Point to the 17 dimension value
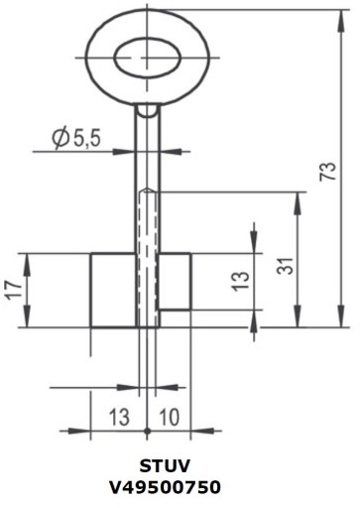pyautogui.click(x=12, y=290)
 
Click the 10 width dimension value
pyautogui.click(x=169, y=417)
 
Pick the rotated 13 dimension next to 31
pyautogui.click(x=240, y=281)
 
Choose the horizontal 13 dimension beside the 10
pyautogui.click(x=118, y=417)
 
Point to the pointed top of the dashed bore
pyautogui.click(x=147, y=188)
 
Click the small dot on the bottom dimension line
pyautogui.click(x=147, y=431)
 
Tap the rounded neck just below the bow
pyautogui.click(x=147, y=109)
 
